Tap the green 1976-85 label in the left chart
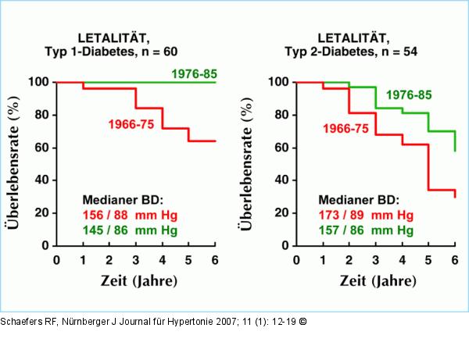193,75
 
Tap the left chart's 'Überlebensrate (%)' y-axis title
13,162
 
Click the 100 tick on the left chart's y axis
38,82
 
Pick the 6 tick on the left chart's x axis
215,258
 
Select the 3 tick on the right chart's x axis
375,258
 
